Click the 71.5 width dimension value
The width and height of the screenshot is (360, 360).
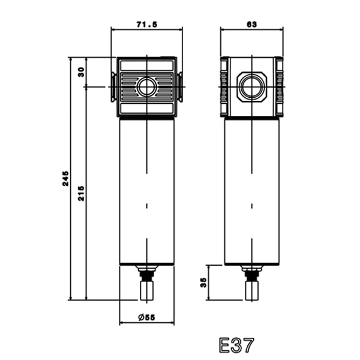coord(147,25)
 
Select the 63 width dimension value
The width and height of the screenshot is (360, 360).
coord(251,25)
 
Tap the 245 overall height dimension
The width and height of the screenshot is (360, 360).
coord(65,178)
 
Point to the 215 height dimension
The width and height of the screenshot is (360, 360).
coord(81,193)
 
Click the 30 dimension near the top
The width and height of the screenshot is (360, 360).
coord(81,72)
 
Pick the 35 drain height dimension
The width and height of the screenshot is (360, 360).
coord(203,283)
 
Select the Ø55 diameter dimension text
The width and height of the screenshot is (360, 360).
coord(147,317)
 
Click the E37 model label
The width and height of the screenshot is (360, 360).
coord(236,345)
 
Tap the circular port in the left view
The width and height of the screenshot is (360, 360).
coord(147,87)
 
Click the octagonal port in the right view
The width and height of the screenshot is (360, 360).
coord(251,86)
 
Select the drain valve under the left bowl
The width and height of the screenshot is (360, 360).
coord(147,283)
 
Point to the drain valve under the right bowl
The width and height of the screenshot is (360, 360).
coord(251,283)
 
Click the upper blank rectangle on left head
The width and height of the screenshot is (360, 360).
coord(147,65)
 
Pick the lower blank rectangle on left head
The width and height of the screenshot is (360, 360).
coord(147,109)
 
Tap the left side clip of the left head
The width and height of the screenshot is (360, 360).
coord(113,87)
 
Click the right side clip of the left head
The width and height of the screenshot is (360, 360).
coord(180,87)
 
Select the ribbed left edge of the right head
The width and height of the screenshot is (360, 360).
coord(224,86)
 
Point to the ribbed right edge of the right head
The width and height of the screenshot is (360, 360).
coord(279,86)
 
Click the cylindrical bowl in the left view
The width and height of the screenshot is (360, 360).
coord(147,191)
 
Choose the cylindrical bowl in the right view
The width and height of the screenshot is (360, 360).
coord(251,191)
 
